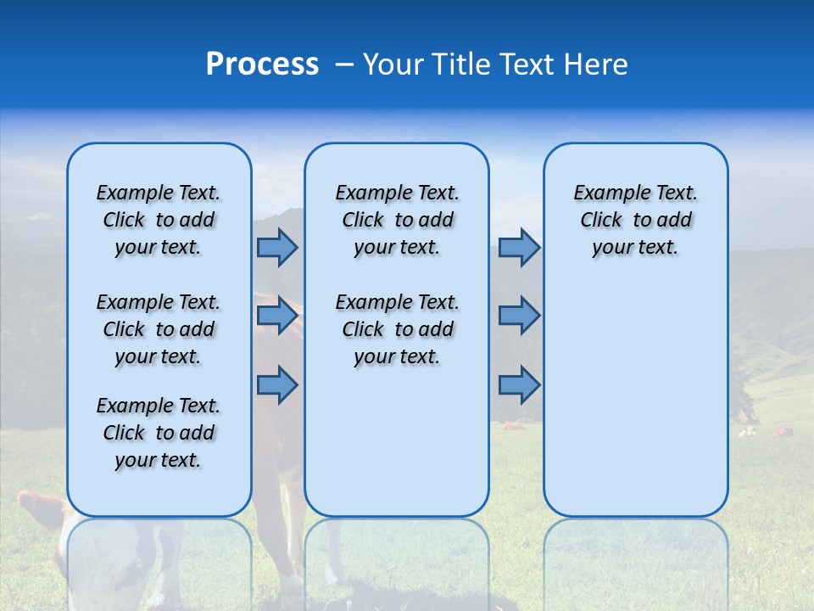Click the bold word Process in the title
click(262, 64)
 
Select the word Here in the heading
click(597, 64)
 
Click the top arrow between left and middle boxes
click(277, 247)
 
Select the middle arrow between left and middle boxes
click(277, 316)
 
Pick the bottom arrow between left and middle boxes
click(277, 384)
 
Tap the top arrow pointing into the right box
click(519, 247)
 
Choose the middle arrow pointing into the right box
click(519, 316)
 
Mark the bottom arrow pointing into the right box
click(519, 384)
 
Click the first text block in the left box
click(159, 220)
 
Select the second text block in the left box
click(159, 329)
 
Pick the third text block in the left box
click(159, 433)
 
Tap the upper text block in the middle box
click(397, 220)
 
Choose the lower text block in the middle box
click(397, 329)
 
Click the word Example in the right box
click(605, 193)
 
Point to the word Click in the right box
click(601, 221)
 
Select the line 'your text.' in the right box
click(635, 248)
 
